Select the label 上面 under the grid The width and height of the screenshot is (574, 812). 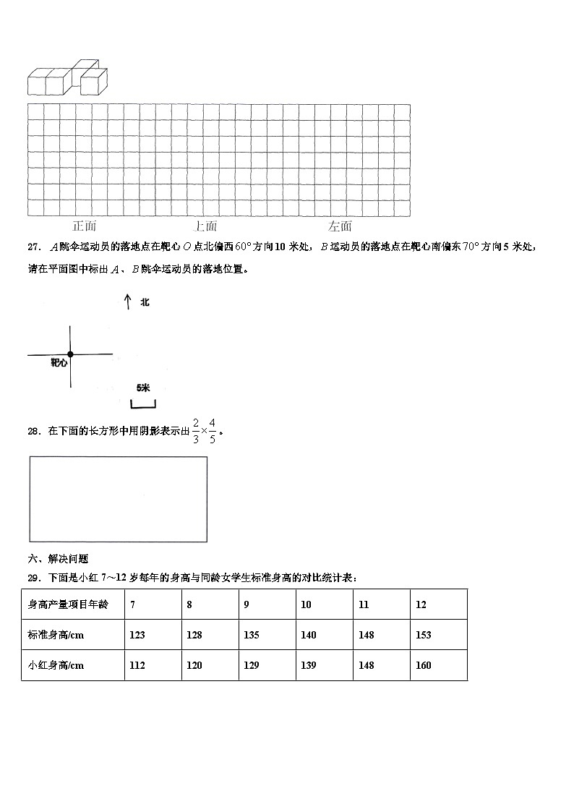[x=206, y=226]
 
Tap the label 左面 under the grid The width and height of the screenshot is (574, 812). [x=340, y=226]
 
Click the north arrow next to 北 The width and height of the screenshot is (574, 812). [x=127, y=302]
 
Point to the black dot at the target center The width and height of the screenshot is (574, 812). [x=70, y=354]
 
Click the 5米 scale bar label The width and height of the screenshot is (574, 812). [x=143, y=388]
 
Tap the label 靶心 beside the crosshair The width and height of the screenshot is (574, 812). [x=59, y=363]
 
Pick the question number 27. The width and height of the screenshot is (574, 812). [x=33, y=247]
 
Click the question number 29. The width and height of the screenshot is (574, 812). [x=33, y=577]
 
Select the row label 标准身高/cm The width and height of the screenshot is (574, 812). [x=56, y=635]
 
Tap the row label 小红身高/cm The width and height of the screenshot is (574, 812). [x=56, y=665]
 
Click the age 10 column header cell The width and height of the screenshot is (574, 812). [x=324, y=604]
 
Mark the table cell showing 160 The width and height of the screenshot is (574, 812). [x=438, y=665]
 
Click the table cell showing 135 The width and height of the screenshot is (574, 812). [x=267, y=635]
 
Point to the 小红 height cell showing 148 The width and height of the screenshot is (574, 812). [x=381, y=665]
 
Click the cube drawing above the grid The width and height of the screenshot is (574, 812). [x=67, y=80]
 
